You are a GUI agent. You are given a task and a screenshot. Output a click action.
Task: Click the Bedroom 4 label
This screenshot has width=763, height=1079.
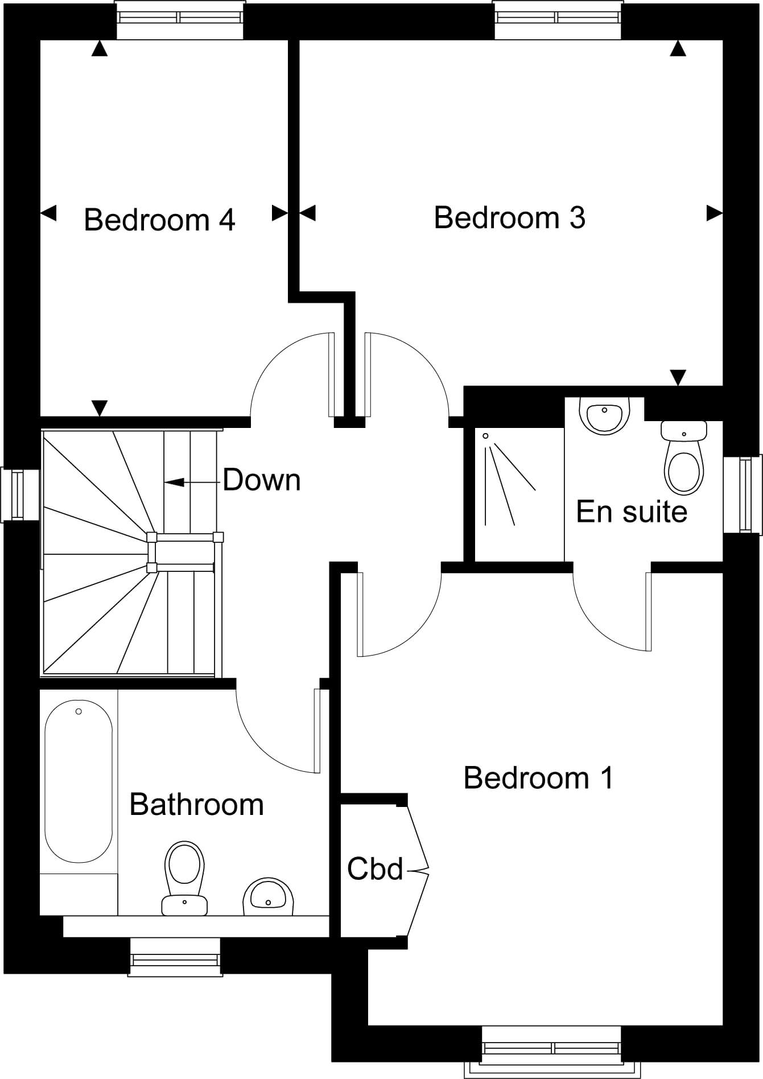pos(159,220)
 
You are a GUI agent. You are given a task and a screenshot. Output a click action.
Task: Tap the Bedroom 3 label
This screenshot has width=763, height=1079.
pos(509,217)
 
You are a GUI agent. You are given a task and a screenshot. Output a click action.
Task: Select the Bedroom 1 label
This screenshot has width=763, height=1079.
pos(538,777)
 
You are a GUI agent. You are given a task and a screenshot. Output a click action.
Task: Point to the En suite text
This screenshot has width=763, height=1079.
pos(632,511)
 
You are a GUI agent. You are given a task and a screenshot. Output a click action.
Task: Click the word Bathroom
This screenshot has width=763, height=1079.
pos(196,804)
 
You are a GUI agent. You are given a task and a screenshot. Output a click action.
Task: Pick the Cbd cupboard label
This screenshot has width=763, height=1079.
pos(375,868)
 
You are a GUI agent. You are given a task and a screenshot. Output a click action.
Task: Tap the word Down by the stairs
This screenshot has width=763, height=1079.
pos(261,480)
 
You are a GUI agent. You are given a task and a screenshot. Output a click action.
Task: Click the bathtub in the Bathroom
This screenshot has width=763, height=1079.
pos(79,781)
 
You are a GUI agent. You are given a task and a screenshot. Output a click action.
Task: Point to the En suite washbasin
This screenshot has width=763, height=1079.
pos(604,416)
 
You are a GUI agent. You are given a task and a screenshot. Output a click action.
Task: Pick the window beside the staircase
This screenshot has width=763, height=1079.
pos(20,495)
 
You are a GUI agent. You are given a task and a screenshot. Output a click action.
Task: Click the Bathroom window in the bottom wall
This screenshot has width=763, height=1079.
pos(175,957)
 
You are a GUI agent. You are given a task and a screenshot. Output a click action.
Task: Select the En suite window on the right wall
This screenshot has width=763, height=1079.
pos(743,494)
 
